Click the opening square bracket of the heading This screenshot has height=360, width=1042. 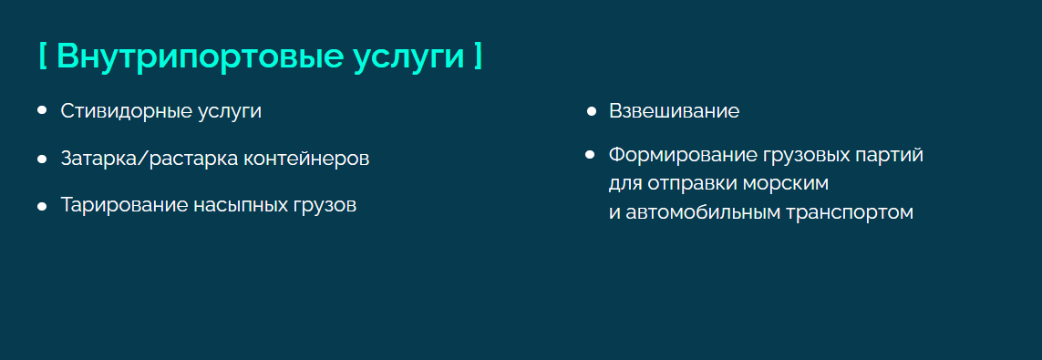point(43,56)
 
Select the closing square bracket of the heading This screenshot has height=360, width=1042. point(479,56)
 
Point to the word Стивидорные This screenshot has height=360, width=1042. point(127,111)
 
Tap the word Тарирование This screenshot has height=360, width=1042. point(124,205)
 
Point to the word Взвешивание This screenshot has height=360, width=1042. point(674,111)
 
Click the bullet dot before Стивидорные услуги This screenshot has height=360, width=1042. point(42,110)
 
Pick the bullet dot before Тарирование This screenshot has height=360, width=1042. point(42,207)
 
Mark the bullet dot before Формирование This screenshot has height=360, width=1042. point(589,155)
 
